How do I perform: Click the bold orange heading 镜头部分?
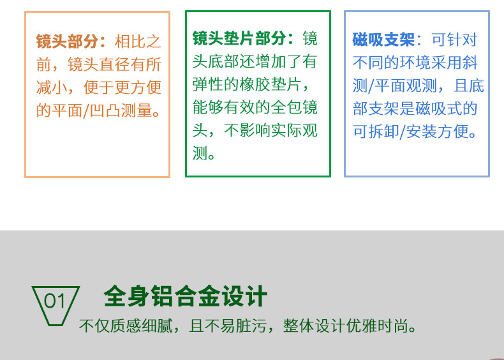67,41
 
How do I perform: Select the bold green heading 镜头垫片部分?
239,38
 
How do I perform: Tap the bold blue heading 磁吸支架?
383,40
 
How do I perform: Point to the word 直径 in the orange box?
115,64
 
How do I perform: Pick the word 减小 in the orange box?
52,87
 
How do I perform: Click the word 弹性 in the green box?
208,84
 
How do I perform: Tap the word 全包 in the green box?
286,107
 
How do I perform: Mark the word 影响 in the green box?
255,130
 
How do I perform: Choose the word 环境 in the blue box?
415,63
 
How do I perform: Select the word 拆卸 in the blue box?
383,131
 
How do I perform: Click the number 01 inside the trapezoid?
55,301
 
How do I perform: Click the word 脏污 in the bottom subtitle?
251,326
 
